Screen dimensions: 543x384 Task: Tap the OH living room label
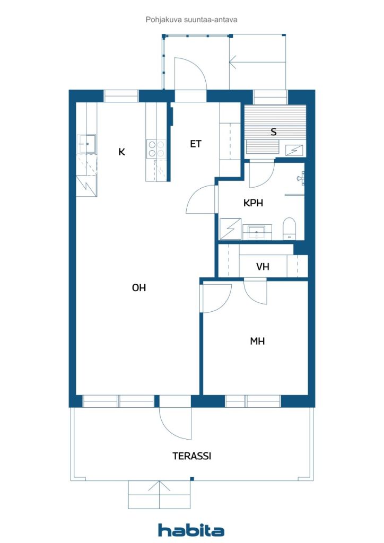pyautogui.click(x=138, y=288)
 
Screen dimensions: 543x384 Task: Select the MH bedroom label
pyautogui.click(x=257, y=341)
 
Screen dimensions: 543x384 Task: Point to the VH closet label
pyautogui.click(x=263, y=267)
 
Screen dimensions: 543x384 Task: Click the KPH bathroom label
pyautogui.click(x=254, y=203)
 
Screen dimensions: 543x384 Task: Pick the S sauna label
pyautogui.click(x=274, y=132)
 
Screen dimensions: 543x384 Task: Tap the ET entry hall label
pyautogui.click(x=196, y=144)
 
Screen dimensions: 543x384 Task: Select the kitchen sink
pyautogui.click(x=86, y=143)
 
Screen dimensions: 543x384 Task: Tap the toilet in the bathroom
pyautogui.click(x=289, y=227)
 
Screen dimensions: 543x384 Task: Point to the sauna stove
pyautogui.click(x=293, y=150)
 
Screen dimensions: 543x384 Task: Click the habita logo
pyautogui.click(x=191, y=530)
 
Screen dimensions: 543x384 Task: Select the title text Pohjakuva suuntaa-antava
pyautogui.click(x=191, y=20)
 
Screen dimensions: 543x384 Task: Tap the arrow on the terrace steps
pyautogui.click(x=158, y=488)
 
